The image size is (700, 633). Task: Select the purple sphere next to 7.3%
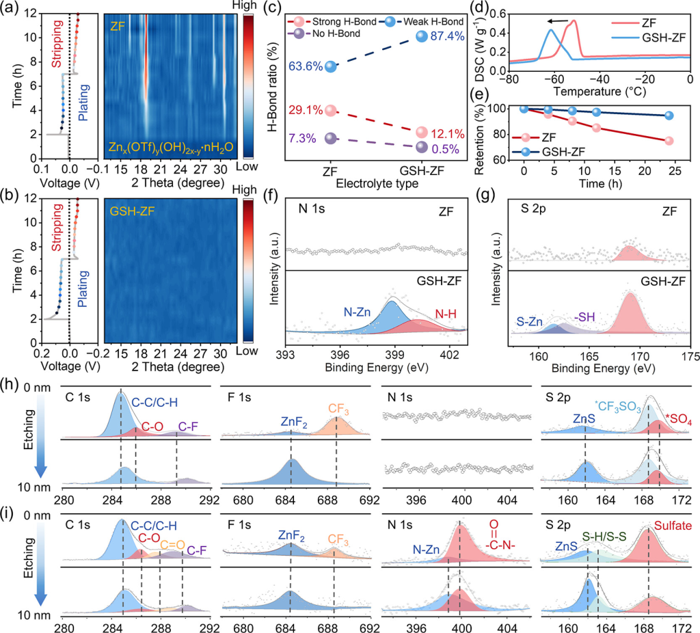pyautogui.click(x=331, y=138)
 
